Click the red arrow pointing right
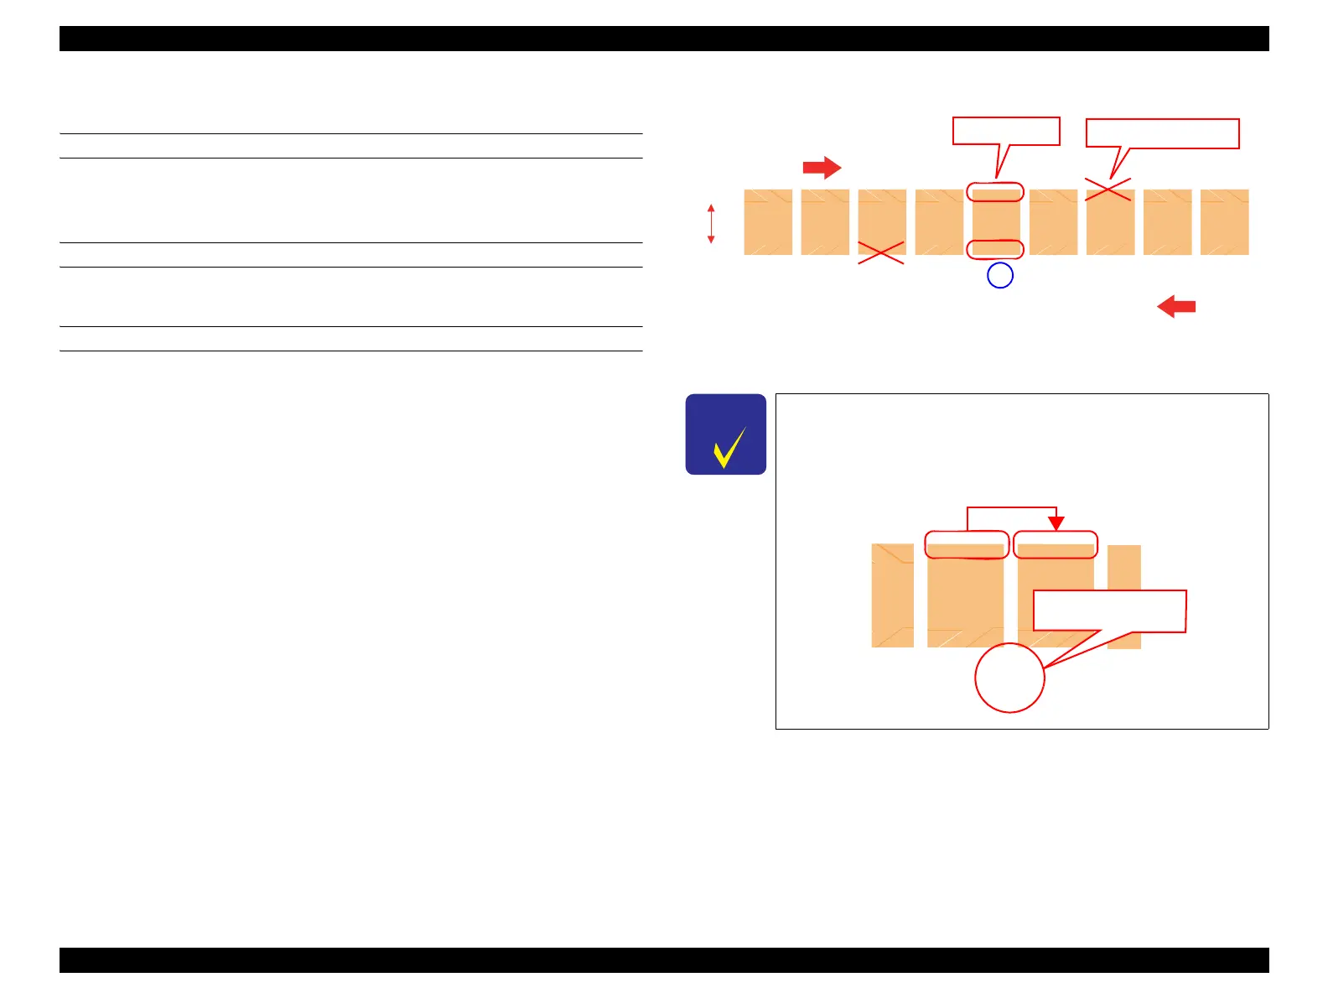pos(822,168)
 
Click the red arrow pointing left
pos(1176,307)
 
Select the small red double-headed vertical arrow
pos(711,224)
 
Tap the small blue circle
pos(1000,275)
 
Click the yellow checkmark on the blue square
pos(729,447)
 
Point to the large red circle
pos(1009,678)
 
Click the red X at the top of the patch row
pos(1108,190)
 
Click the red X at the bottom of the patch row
pos(881,252)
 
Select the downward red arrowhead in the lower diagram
pos(1056,522)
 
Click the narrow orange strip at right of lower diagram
pos(1124,596)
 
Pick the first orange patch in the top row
pos(768,222)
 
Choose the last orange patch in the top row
pos(1224,222)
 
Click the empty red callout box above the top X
pos(1162,134)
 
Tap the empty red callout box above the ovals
pos(1006,132)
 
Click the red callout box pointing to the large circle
pos(1109,611)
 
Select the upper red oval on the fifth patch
pos(995,192)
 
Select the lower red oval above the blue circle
pos(995,249)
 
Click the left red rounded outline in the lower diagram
pos(967,544)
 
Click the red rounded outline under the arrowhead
pos(1056,544)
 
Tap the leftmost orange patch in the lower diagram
pos(893,595)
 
